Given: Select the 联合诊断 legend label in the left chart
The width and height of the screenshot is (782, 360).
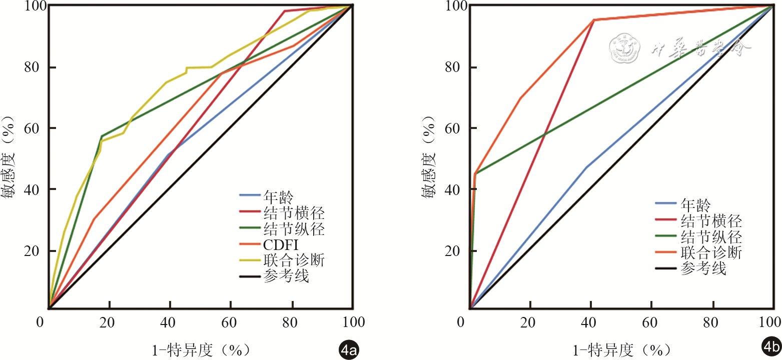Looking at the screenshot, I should (294, 260).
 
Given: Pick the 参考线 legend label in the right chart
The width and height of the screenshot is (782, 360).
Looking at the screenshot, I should (703, 268).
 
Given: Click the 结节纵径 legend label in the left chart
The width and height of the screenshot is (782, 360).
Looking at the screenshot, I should (294, 229).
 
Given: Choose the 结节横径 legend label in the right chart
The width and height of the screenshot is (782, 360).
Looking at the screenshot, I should (711, 220).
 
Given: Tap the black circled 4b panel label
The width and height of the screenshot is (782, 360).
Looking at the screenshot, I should (771, 347).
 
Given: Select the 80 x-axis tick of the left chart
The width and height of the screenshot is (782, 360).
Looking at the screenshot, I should (291, 322).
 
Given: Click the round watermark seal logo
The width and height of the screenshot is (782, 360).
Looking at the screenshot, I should (625, 48).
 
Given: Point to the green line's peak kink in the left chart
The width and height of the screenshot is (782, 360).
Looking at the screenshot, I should (102, 136).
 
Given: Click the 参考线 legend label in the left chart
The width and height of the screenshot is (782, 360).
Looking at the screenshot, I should (286, 276).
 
